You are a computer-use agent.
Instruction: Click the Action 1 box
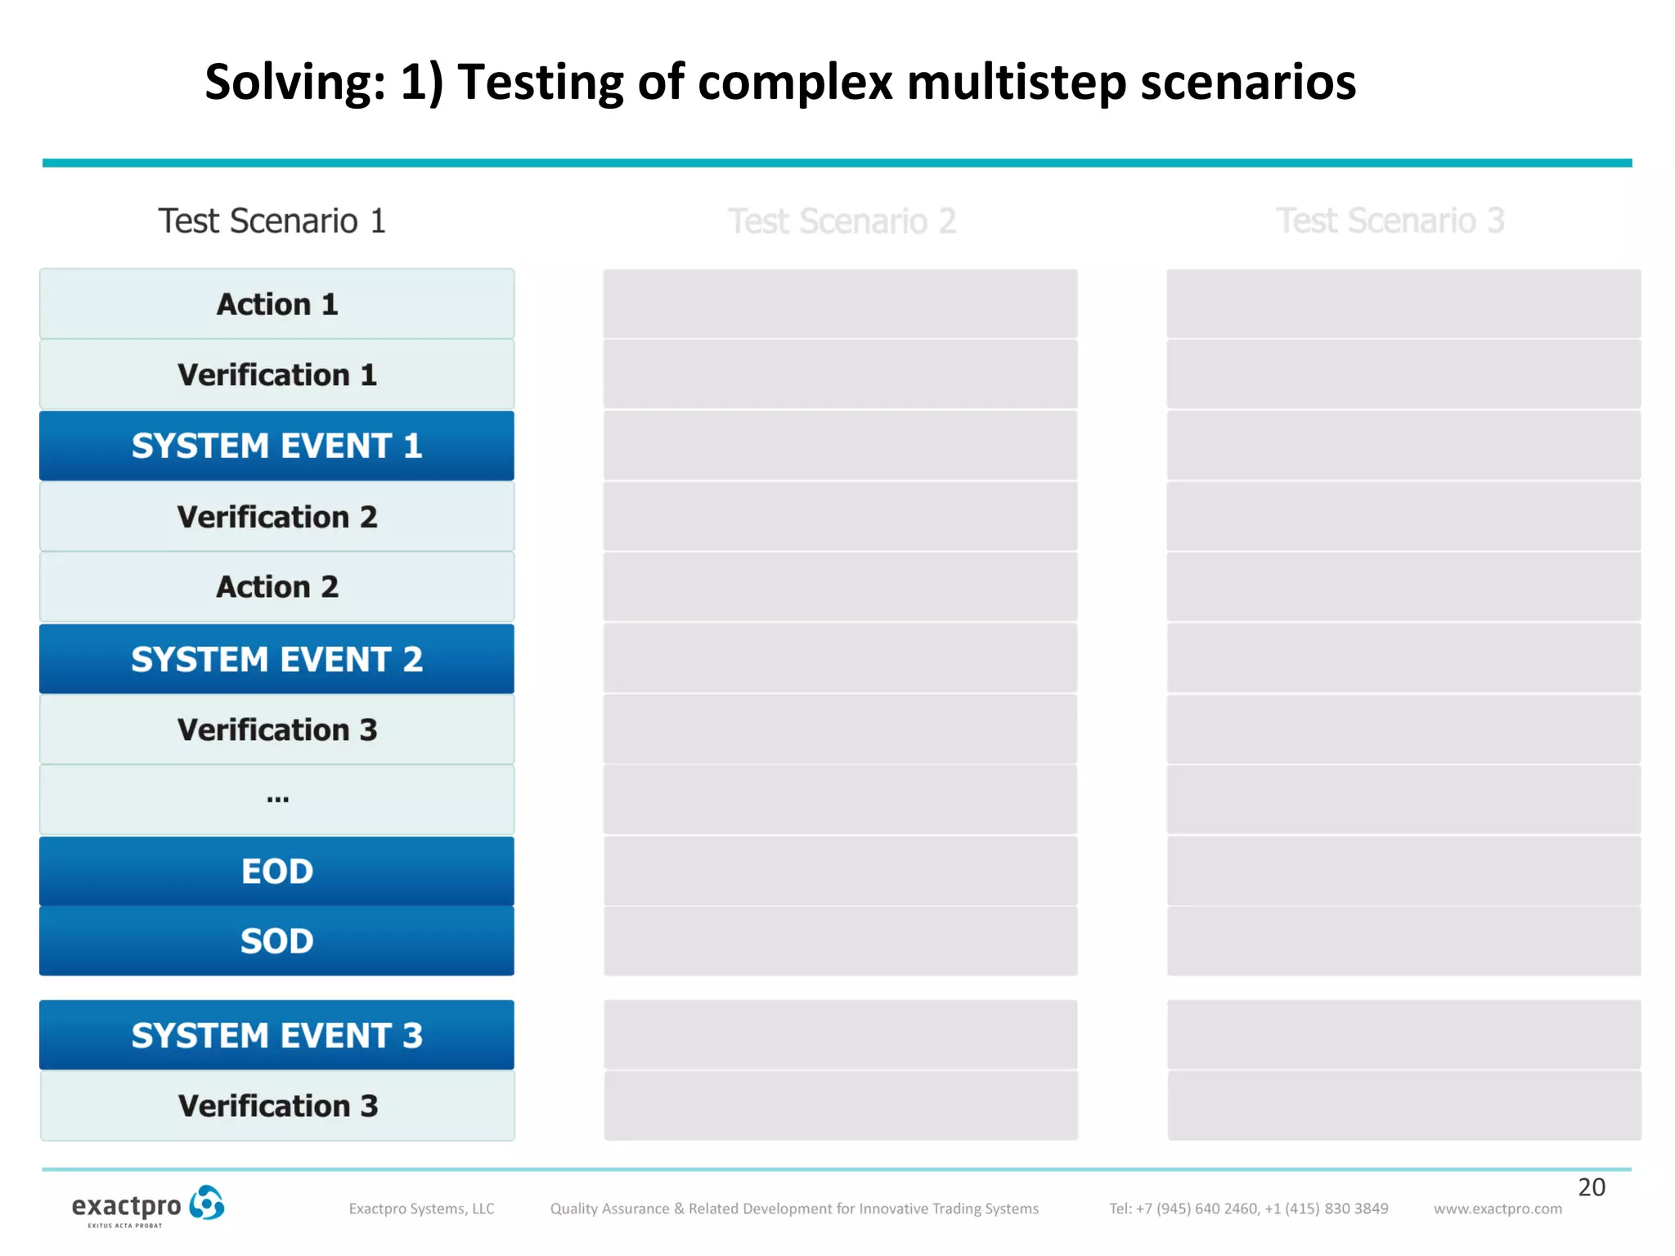(x=276, y=304)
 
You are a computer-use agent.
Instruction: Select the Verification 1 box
(x=276, y=375)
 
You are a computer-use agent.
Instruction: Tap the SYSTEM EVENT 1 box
(x=276, y=446)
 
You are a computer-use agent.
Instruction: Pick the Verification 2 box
(x=276, y=517)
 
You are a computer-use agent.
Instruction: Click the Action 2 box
(x=276, y=587)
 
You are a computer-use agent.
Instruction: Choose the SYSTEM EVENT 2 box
(x=276, y=659)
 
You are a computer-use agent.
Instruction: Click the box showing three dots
(x=276, y=800)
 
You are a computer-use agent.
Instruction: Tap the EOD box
(x=276, y=871)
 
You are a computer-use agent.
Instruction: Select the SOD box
(x=276, y=941)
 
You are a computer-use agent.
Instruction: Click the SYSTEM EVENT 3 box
(x=276, y=1035)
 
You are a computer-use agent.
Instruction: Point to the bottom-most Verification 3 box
(x=276, y=1106)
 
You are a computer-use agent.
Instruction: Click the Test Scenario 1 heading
(x=272, y=221)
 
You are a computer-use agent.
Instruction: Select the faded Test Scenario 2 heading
(x=842, y=221)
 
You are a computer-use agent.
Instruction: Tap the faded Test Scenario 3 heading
(x=1390, y=221)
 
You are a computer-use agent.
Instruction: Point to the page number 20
(x=1591, y=1187)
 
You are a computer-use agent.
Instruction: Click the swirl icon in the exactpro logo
(x=206, y=1204)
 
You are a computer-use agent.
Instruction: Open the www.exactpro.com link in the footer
(x=1498, y=1209)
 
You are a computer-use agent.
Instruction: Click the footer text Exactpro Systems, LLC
(x=421, y=1209)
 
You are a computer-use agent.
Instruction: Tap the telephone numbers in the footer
(x=1248, y=1209)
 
